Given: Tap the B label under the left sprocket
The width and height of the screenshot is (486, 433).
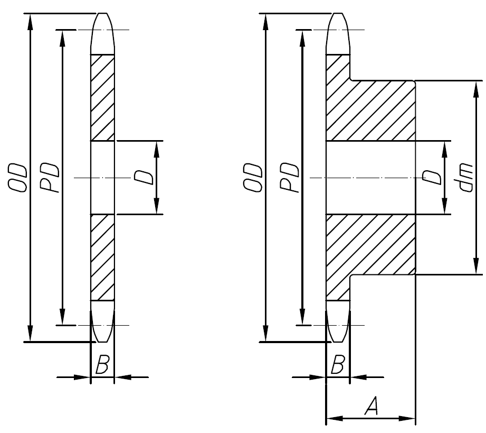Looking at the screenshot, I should click(102, 365).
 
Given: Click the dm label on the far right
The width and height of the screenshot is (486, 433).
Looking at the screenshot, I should click(465, 178).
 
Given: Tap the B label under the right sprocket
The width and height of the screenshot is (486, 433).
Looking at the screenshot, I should click(338, 365).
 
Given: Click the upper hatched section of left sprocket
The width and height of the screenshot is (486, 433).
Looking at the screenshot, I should click(102, 98).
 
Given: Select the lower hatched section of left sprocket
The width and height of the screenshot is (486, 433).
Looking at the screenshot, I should click(102, 257).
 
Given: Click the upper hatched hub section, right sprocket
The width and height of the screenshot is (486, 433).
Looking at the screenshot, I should click(369, 111).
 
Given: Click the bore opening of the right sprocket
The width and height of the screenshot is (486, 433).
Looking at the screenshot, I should click(369, 178).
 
